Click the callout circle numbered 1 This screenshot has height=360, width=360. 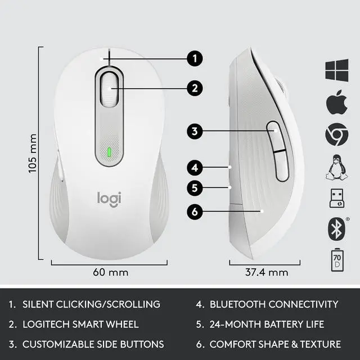[194, 58]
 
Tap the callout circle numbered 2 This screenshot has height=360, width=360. [194, 87]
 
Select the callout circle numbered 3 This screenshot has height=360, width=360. [194, 132]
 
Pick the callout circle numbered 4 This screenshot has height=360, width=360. [194, 167]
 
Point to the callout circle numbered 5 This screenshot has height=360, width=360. [194, 188]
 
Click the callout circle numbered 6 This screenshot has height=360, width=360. [194, 212]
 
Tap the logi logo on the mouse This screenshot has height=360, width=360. [109, 199]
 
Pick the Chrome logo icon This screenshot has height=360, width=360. [336, 134]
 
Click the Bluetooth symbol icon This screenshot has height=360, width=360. [336, 228]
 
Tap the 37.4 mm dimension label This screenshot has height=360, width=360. [267, 273]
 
